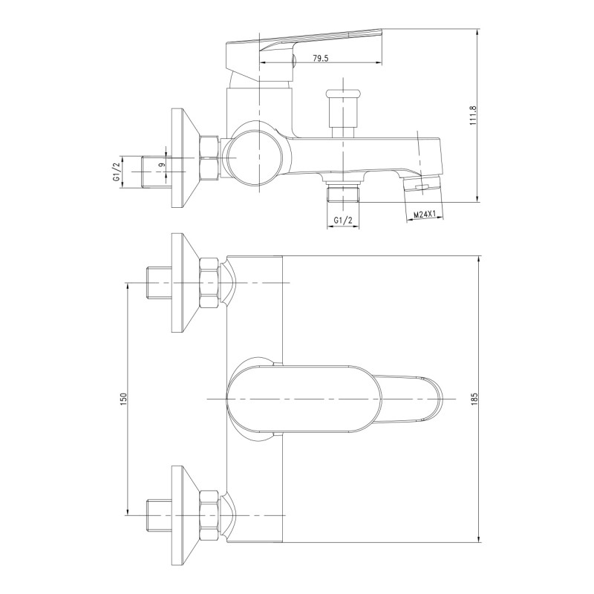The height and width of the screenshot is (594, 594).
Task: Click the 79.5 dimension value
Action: [321, 59]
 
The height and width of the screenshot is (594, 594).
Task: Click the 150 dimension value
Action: [123, 399]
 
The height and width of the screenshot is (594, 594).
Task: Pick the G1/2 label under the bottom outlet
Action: [343, 221]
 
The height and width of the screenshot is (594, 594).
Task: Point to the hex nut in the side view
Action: [210, 159]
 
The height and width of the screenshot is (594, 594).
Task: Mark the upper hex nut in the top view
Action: [210, 284]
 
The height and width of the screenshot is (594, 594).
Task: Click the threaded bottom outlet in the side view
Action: [343, 194]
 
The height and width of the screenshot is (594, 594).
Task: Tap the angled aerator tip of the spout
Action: [422, 186]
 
